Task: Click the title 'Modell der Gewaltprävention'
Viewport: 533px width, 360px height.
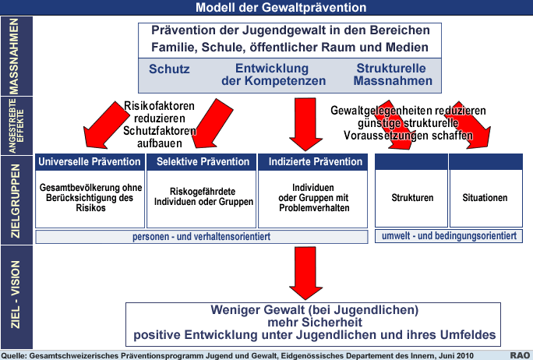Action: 281,8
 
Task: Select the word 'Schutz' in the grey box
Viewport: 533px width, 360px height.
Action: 169,69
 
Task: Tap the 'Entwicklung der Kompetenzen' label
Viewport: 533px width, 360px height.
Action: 274,75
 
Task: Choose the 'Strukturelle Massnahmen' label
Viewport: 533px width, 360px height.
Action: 393,75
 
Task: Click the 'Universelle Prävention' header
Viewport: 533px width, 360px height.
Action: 90,161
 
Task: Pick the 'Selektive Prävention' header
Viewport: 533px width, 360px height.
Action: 203,161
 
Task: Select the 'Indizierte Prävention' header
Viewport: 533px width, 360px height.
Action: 316,161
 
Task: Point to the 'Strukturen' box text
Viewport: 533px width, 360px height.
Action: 412,197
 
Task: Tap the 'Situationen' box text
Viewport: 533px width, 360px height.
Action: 485,197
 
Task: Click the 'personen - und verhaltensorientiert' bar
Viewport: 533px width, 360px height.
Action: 202,237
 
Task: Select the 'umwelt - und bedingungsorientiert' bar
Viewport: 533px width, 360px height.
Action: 449,236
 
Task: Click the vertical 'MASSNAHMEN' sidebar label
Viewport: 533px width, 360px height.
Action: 14,56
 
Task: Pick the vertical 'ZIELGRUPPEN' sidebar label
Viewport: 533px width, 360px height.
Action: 16,201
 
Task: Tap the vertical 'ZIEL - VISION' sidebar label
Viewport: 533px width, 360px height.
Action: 16,295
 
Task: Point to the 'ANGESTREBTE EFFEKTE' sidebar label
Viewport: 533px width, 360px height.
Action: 16,126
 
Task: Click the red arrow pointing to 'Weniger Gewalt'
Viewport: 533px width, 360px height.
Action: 305,273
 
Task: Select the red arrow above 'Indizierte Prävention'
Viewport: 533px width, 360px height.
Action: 305,124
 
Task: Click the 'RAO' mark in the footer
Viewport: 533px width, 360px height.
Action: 520,355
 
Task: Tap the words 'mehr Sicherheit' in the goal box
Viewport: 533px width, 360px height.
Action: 315,323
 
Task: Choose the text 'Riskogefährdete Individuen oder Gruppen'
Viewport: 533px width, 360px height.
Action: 203,196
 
